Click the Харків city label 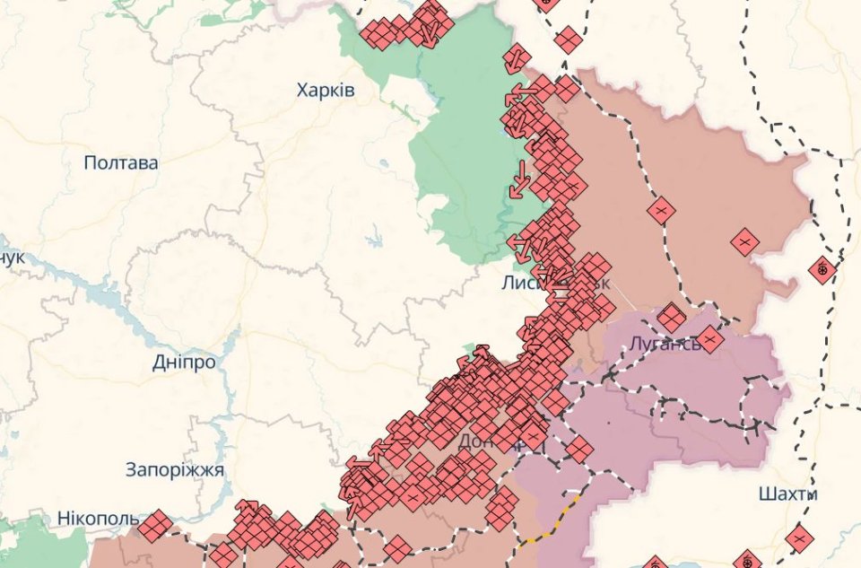tap(326, 91)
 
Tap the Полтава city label tap(120, 163)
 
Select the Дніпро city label tap(183, 363)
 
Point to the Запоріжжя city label tap(175, 469)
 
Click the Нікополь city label tap(97, 519)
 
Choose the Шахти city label tap(787, 494)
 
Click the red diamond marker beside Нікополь tap(154, 526)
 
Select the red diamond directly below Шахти tap(798, 539)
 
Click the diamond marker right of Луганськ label tap(709, 339)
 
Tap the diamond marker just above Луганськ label tap(670, 317)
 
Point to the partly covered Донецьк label tap(480, 441)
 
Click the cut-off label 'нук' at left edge tap(13, 258)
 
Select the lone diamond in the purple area tap(579, 449)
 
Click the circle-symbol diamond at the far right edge tap(822, 269)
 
